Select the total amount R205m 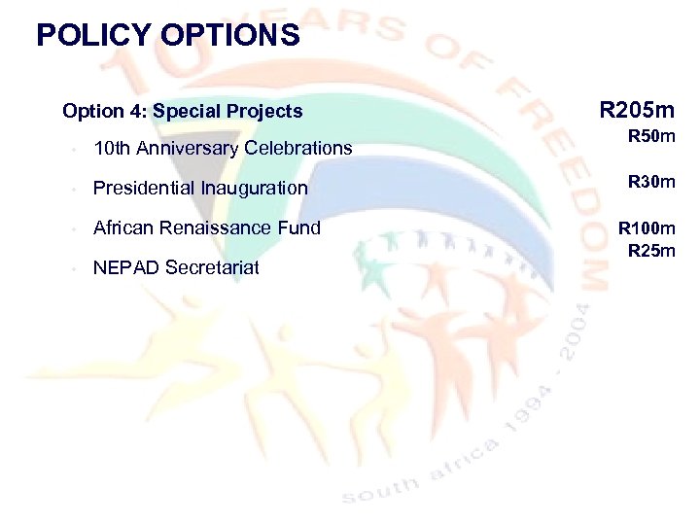tap(637, 109)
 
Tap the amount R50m tap(651, 137)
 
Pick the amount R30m tap(651, 181)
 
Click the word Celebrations tap(298, 149)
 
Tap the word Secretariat tap(213, 267)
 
